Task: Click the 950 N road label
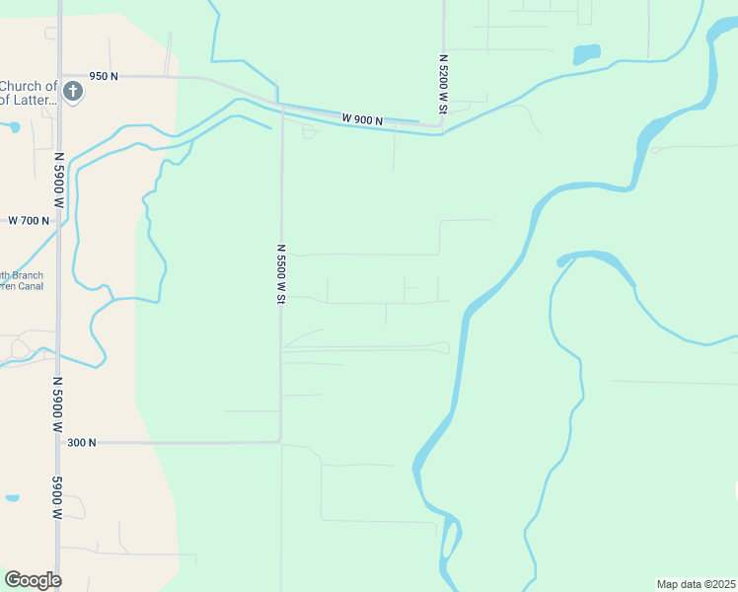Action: [x=104, y=76]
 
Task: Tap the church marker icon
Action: [x=72, y=92]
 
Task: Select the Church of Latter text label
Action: [x=30, y=92]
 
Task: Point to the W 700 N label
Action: [x=29, y=220]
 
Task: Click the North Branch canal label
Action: [x=22, y=281]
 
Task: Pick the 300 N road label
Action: [x=82, y=443]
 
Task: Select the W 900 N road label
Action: [x=362, y=119]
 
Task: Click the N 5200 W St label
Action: [x=443, y=84]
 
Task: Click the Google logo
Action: [x=33, y=580]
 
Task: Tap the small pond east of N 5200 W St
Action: [x=586, y=53]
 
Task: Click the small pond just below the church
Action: [x=13, y=127]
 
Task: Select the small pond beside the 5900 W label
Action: [x=11, y=498]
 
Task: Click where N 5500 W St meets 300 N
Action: [x=281, y=442]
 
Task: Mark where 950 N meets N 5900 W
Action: [x=60, y=76]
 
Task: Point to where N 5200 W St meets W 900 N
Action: [x=442, y=126]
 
